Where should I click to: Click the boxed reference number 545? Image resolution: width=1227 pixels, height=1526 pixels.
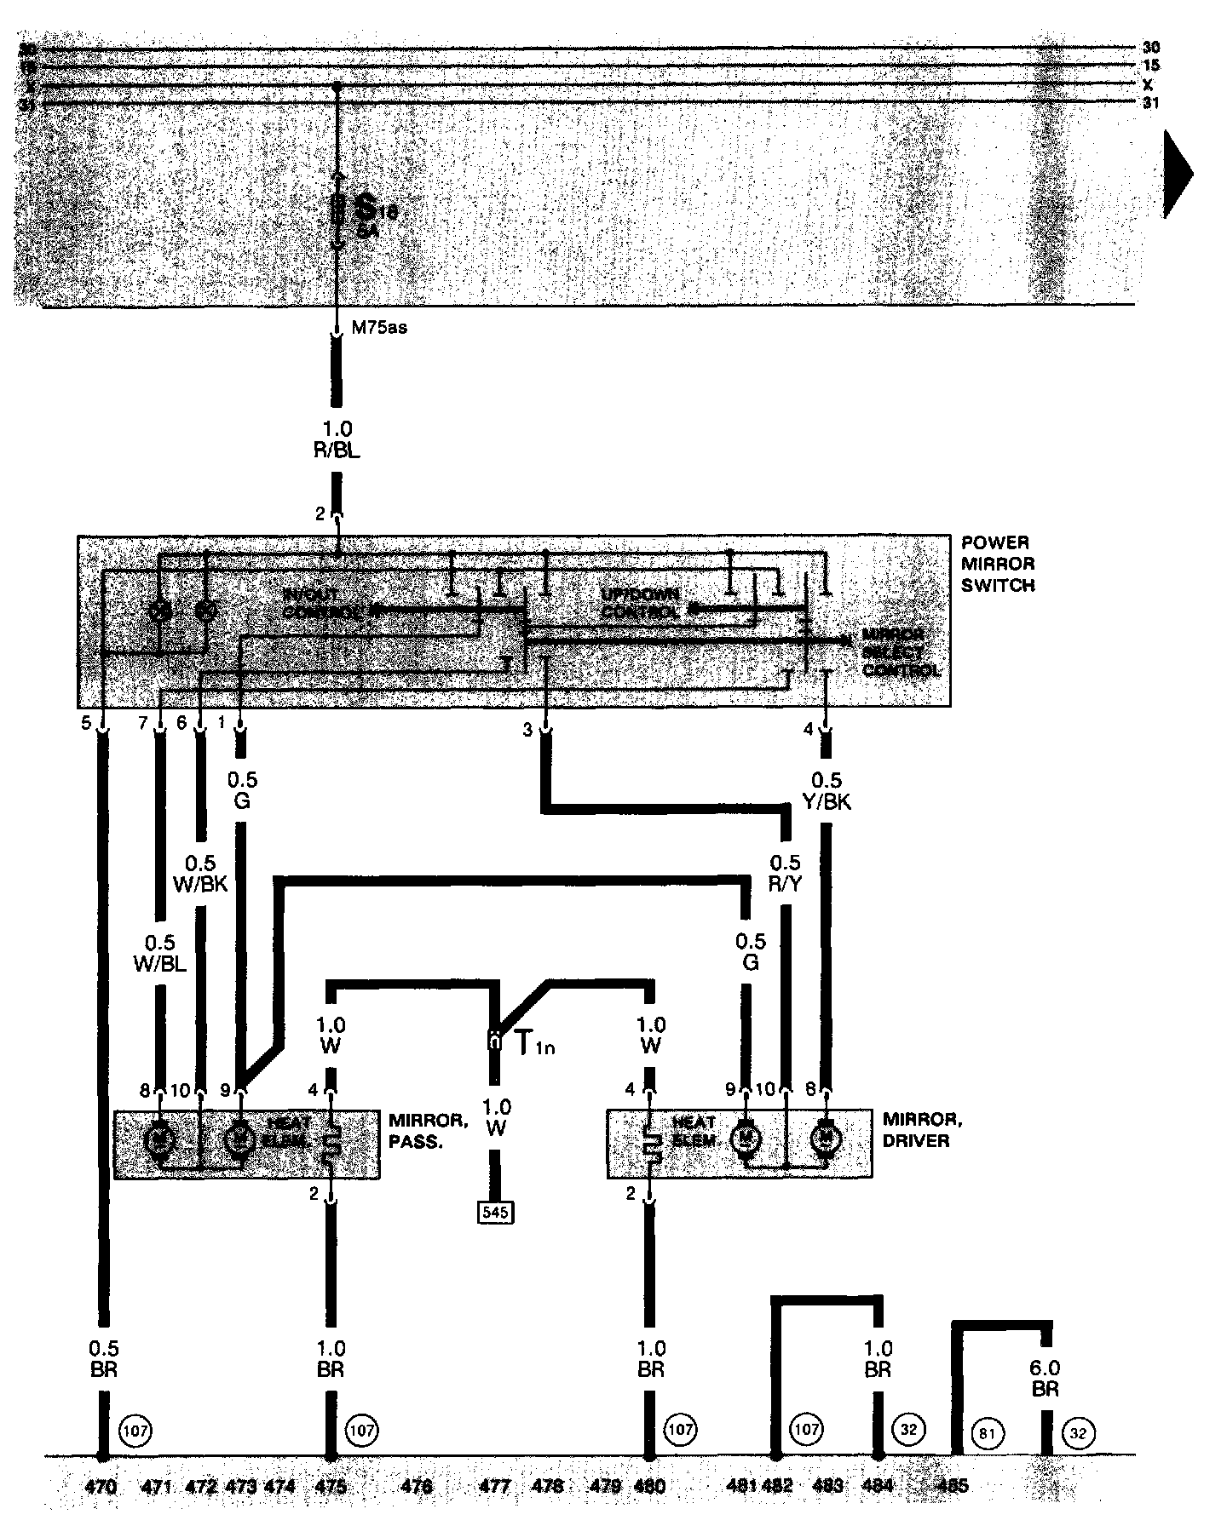[495, 1211]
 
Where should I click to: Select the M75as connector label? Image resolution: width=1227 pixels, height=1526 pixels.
[379, 328]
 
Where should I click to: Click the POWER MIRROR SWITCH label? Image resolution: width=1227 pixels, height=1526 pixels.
[997, 564]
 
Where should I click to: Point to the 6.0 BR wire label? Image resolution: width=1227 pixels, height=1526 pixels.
[1044, 1377]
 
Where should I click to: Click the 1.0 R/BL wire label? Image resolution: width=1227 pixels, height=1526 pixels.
[337, 439]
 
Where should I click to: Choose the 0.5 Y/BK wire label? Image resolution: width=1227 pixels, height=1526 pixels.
[826, 790]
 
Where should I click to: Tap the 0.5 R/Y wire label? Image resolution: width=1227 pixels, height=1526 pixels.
[785, 873]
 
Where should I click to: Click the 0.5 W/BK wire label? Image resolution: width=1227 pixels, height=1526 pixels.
[200, 873]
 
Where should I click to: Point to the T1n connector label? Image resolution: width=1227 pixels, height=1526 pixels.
[534, 1042]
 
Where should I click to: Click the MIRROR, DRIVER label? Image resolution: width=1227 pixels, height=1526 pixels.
[916, 1129]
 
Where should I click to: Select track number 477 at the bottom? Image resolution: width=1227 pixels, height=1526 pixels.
[495, 1486]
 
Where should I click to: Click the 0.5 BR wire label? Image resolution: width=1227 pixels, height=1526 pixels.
[103, 1359]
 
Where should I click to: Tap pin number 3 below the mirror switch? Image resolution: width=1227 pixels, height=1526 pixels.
[527, 730]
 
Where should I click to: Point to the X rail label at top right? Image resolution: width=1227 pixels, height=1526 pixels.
[1148, 84]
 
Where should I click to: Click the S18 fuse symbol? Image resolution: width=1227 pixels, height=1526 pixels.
[338, 207]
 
